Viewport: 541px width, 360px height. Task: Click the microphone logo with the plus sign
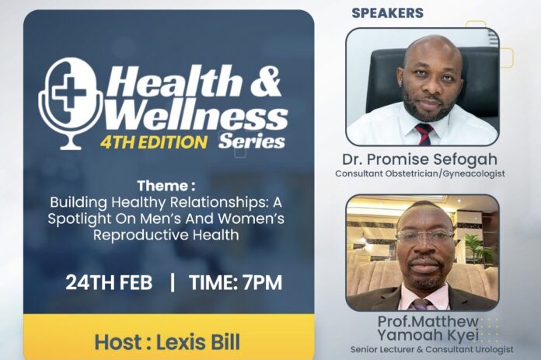(72, 101)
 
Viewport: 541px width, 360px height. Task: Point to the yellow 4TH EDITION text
(154, 142)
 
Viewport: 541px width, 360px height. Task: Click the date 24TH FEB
(109, 281)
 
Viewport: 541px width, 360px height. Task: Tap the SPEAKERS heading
(387, 13)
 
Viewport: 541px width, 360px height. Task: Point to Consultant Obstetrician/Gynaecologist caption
(420, 173)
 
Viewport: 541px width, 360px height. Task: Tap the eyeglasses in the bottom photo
(424, 235)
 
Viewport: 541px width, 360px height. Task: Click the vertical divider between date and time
(172, 281)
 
